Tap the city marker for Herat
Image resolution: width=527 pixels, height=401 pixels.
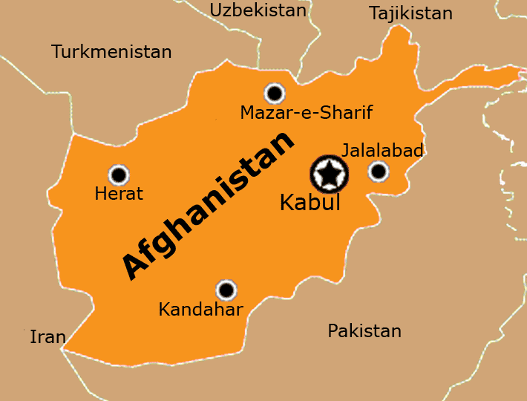[x=119, y=175]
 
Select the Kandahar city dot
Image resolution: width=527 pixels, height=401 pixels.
[x=226, y=290]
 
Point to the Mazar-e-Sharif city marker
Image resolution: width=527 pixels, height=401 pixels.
[x=275, y=93]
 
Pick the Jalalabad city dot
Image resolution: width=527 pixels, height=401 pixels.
[x=379, y=172]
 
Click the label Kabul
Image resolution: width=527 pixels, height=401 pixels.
[x=310, y=203]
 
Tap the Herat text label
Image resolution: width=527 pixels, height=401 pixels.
[x=119, y=194]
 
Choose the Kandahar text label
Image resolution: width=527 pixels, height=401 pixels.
[x=200, y=310]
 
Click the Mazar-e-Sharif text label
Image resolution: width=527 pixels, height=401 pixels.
[x=306, y=113]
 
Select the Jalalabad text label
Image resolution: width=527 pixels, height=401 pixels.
[x=382, y=151]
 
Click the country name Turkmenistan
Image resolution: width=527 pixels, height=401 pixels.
[x=111, y=52]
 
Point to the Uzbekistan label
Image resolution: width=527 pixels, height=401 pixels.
[x=258, y=10]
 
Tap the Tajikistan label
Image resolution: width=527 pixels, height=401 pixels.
[x=410, y=13]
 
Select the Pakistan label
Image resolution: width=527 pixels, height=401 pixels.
[x=364, y=331]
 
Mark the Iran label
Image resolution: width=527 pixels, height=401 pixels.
[x=48, y=338]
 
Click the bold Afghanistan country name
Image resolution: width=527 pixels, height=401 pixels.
[x=209, y=205]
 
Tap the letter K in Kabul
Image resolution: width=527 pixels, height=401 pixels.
[x=287, y=203]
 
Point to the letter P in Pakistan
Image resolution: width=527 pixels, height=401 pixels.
[x=333, y=331]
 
